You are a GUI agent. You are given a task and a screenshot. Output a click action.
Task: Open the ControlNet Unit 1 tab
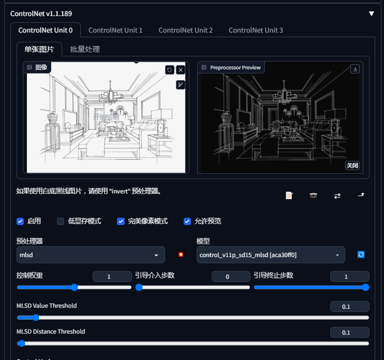pos(115,30)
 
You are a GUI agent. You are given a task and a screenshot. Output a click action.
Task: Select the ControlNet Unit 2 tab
pos(186,30)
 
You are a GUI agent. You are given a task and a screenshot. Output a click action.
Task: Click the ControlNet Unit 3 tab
pos(255,30)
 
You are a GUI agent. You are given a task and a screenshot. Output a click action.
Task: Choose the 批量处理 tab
pos(84,49)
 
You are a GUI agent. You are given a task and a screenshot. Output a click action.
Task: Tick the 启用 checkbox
pos(20,221)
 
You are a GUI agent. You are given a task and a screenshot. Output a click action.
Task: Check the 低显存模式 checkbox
pos(61,221)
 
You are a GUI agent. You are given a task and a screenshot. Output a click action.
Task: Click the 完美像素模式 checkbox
pos(120,221)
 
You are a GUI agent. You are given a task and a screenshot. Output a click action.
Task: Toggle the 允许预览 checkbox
pos(188,221)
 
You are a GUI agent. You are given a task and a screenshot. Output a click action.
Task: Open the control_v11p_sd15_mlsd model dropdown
pos(271,254)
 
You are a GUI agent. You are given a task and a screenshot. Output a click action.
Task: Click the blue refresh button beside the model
pos(361,254)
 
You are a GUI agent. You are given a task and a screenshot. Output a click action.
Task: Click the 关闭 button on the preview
pos(353,165)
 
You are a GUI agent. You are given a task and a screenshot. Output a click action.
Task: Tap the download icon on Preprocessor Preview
pos(355,68)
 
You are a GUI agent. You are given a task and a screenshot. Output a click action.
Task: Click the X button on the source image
pos(180,70)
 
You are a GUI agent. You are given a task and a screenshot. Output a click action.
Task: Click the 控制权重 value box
pos(112,277)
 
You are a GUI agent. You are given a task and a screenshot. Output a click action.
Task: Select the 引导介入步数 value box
pos(230,277)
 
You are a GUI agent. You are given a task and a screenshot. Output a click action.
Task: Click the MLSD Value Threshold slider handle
pos(35,317)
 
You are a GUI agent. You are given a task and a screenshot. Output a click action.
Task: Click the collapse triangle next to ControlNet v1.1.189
pos(371,13)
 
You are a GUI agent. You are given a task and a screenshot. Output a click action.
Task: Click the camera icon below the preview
pos(314,196)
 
